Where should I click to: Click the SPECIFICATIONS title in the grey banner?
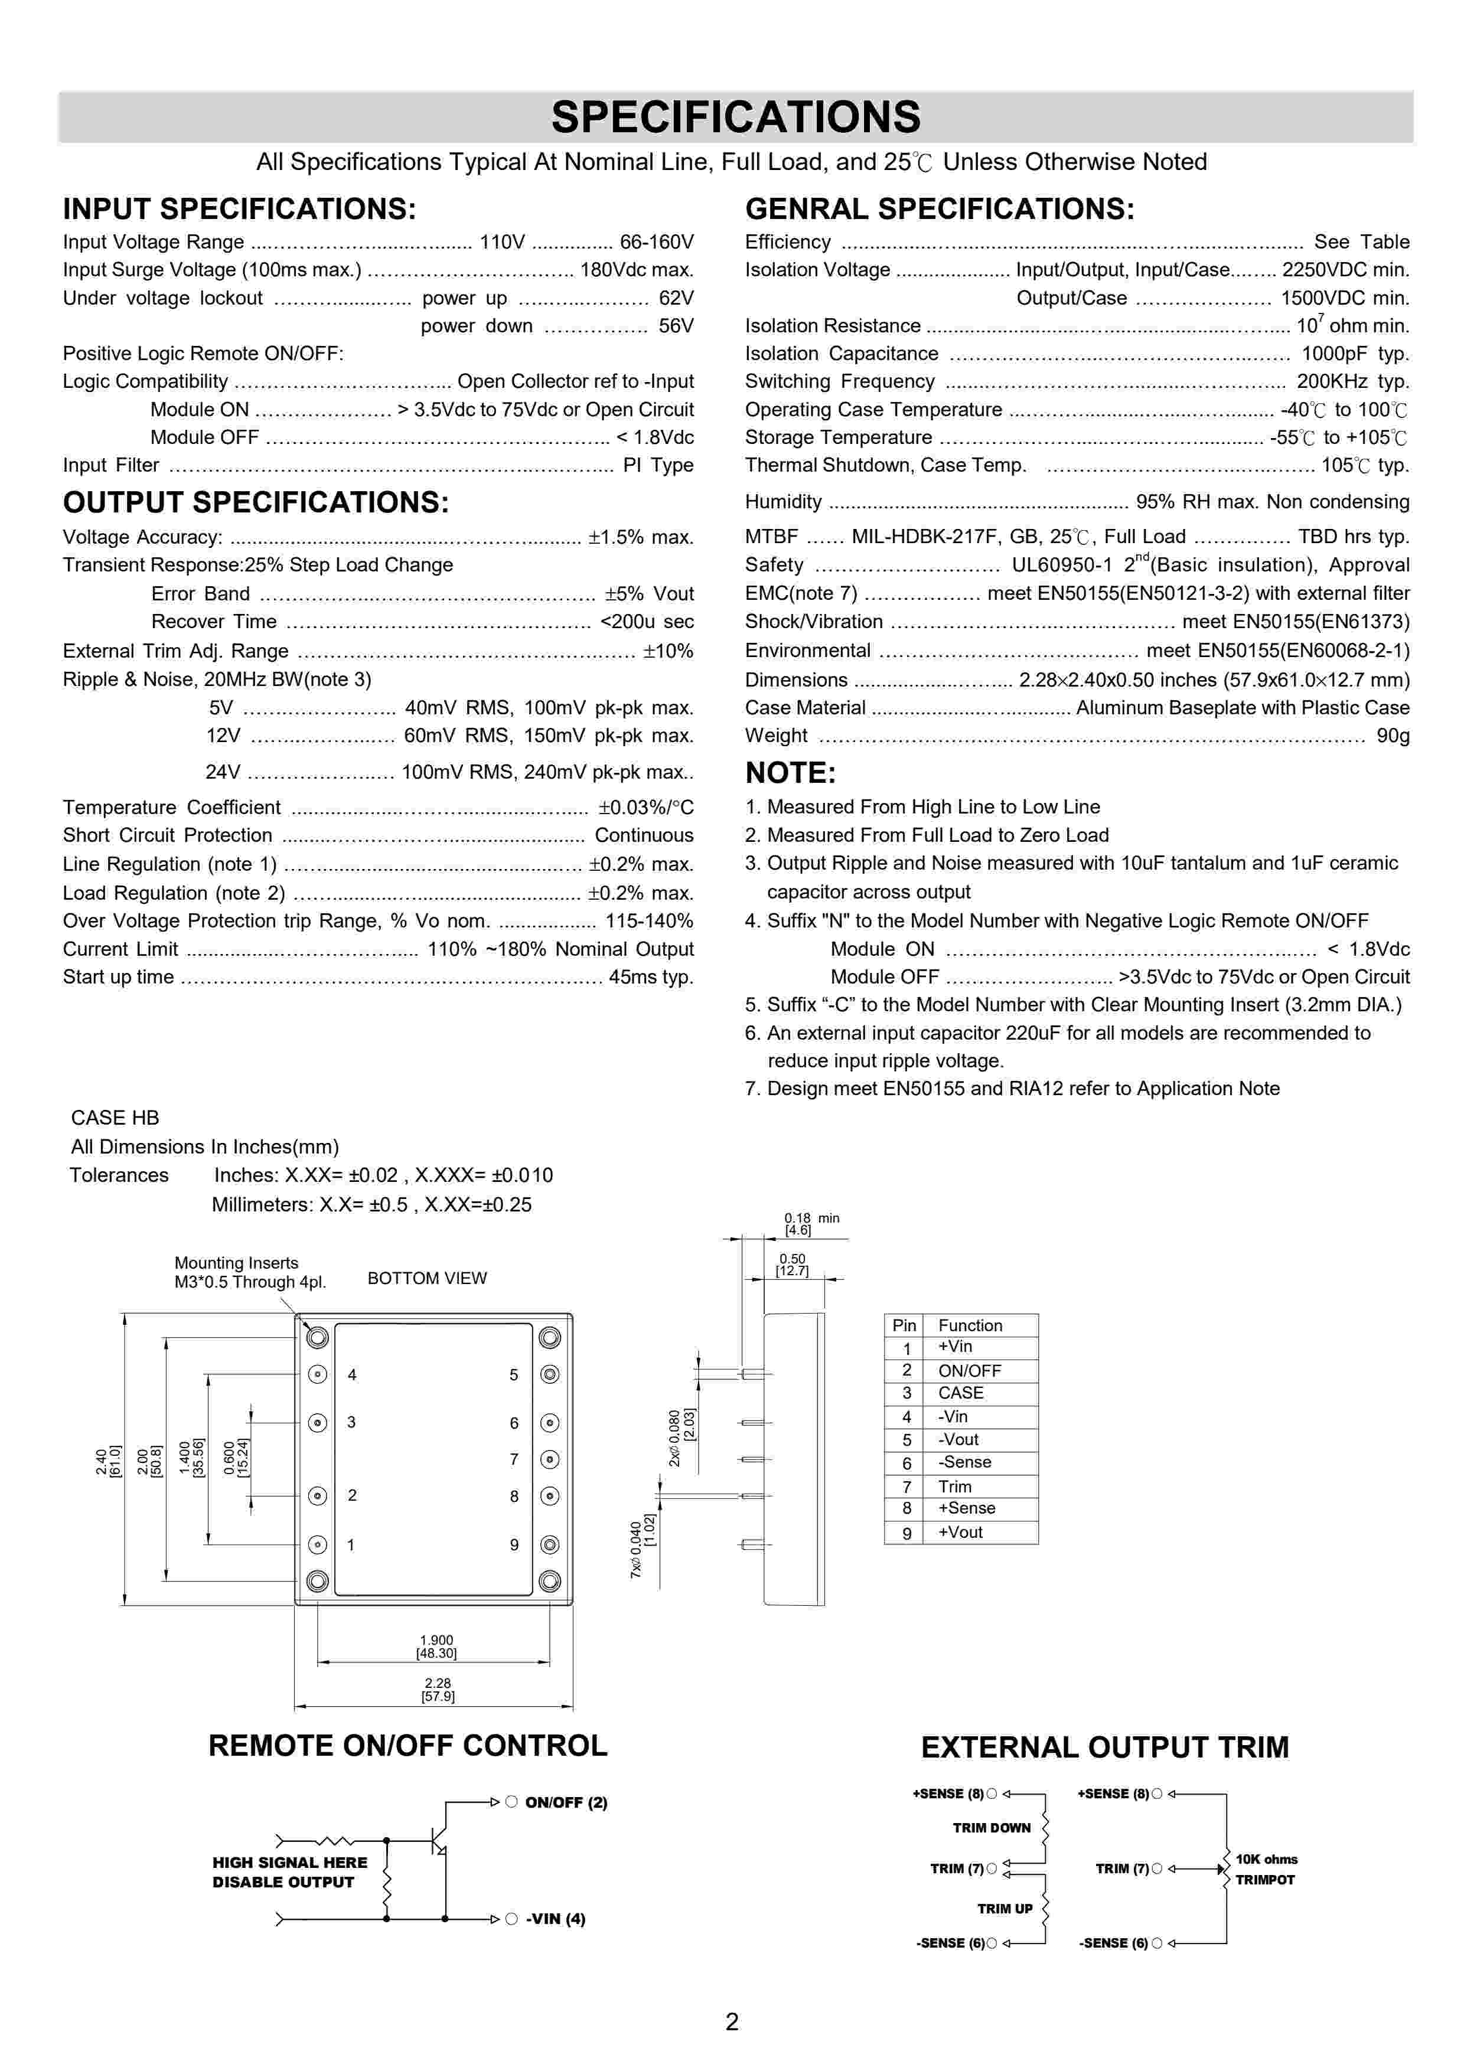coord(735,117)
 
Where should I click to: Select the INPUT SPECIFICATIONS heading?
coord(239,209)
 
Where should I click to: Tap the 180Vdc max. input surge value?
coord(637,270)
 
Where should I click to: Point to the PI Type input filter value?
coord(658,465)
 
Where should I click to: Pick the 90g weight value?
coord(1393,736)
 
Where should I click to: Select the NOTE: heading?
coord(790,773)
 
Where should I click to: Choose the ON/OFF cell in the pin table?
coord(970,1371)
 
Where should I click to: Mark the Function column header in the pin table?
coord(970,1325)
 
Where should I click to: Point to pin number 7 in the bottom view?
coord(514,1459)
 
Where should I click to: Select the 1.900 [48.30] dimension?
coord(436,1646)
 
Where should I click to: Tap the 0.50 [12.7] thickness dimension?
coord(792,1265)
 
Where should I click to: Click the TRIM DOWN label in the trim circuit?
coord(992,1827)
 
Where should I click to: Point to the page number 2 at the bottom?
coord(732,2022)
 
